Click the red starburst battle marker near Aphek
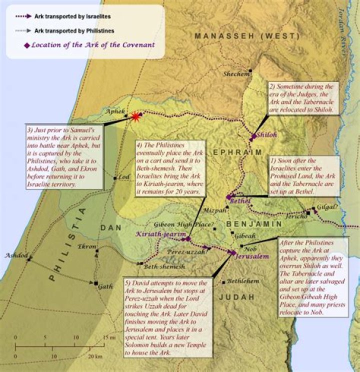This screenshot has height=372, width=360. [x=135, y=116]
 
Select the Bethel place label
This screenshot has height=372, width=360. [x=240, y=201]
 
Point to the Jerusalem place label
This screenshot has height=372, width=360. [x=252, y=255]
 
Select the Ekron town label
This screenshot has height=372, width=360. [x=87, y=246]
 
